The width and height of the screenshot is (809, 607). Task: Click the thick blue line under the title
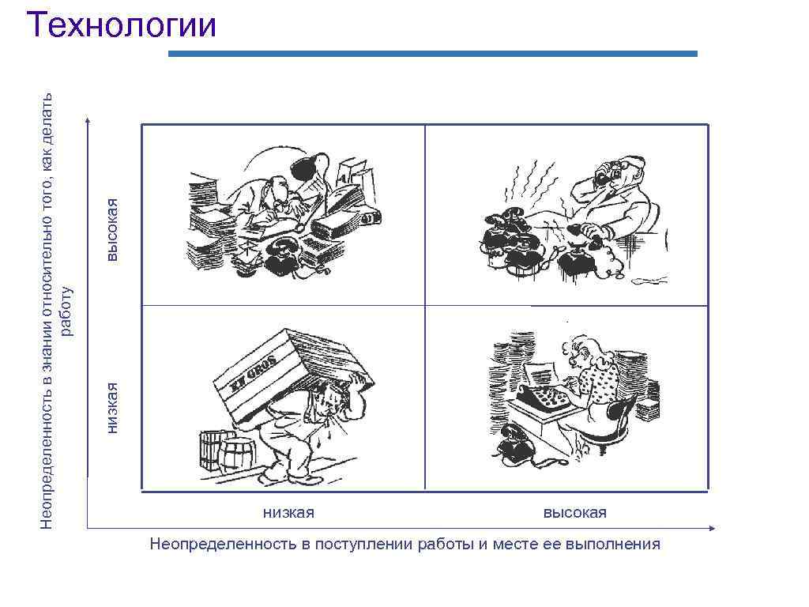[433, 54]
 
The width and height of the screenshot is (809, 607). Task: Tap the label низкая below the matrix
[288, 513]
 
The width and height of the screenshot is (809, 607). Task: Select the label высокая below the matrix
[574, 513]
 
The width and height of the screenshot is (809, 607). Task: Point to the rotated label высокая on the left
[112, 228]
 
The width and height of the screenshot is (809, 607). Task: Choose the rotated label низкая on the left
[112, 407]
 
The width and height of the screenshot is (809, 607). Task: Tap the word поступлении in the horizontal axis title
[363, 544]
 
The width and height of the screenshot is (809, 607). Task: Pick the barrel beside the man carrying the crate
[235, 456]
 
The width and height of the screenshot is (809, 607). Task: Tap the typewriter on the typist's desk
[550, 393]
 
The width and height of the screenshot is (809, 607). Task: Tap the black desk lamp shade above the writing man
[308, 167]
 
